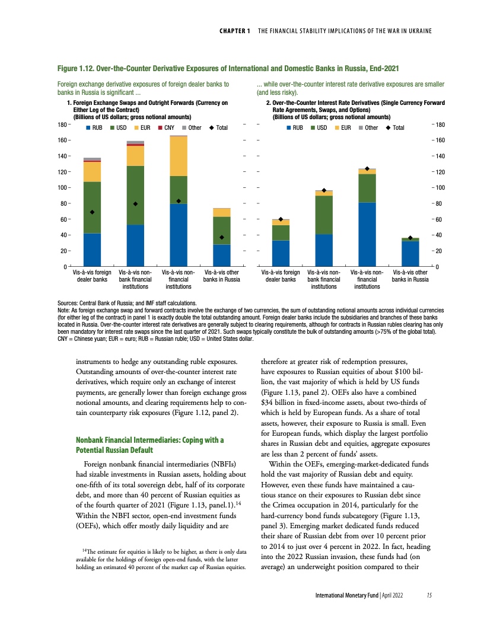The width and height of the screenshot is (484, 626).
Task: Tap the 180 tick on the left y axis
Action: [x=61, y=124]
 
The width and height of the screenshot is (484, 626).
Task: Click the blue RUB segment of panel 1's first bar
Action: [x=92, y=250]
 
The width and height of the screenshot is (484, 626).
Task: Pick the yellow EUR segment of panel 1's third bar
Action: [x=179, y=156]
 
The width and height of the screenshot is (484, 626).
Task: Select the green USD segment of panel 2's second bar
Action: [x=324, y=215]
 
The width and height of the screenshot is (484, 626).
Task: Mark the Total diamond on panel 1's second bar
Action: [x=135, y=204]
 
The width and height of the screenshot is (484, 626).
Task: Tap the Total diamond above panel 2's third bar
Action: [x=367, y=169]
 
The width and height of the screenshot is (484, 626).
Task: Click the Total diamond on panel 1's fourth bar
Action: [x=221, y=237]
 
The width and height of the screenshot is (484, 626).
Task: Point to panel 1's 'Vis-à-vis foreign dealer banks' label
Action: [x=92, y=276]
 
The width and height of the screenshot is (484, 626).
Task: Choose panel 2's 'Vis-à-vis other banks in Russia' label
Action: [x=410, y=276]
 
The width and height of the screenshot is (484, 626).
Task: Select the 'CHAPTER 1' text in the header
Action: [x=233, y=30]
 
